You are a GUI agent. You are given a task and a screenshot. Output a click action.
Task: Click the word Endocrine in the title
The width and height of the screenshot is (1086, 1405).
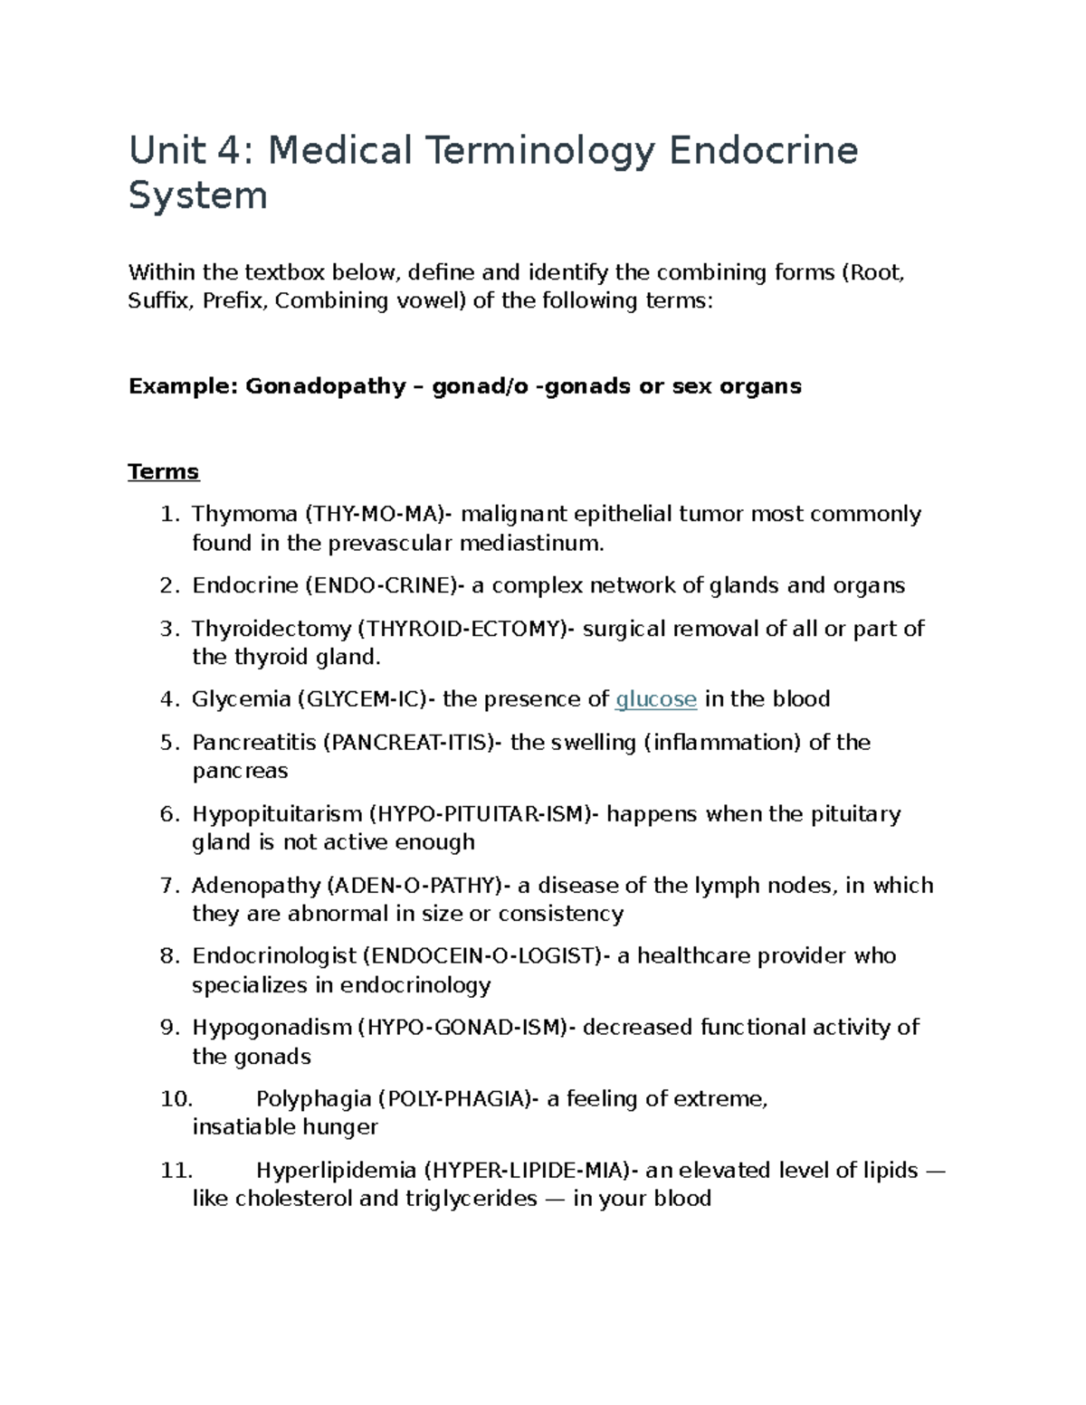[763, 150]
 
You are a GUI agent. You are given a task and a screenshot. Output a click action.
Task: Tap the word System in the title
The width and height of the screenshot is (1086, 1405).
[197, 195]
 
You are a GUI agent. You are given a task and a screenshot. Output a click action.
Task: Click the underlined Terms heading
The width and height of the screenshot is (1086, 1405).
[164, 471]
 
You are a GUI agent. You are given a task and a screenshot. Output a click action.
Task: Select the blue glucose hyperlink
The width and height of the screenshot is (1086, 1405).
[655, 699]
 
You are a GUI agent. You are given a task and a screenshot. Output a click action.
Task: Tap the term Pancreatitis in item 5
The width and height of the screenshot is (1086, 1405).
[254, 743]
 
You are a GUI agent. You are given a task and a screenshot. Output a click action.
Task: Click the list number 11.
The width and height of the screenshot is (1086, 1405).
[176, 1171]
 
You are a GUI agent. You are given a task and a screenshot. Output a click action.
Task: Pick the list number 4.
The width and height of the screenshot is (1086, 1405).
[169, 699]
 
